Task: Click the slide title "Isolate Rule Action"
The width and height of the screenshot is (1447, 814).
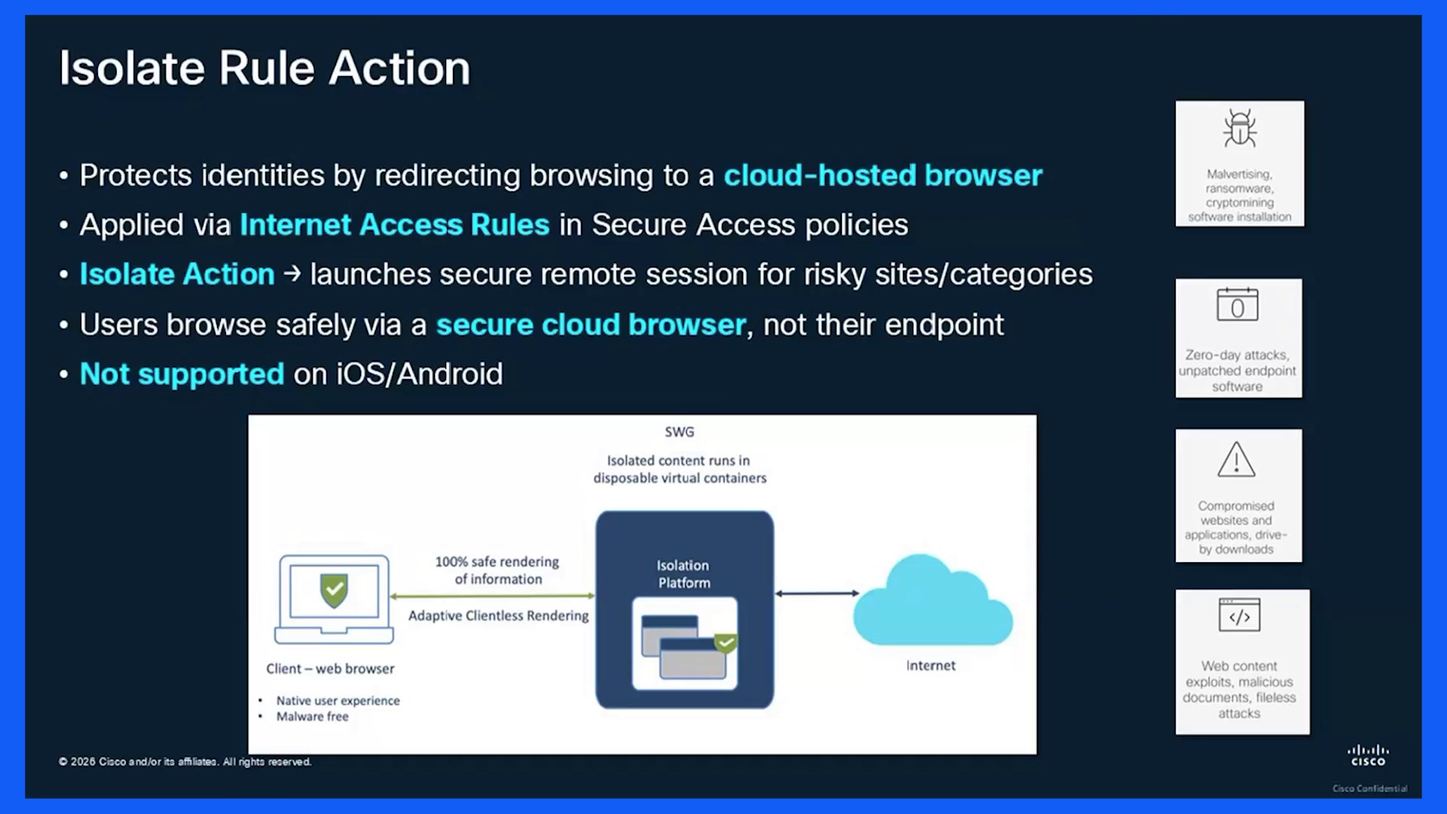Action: [x=265, y=68]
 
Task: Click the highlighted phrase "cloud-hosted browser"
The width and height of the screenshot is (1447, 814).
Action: [x=883, y=175]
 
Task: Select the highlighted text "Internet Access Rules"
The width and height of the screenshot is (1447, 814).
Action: [x=394, y=225]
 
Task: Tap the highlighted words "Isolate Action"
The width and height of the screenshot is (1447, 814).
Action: [x=177, y=274]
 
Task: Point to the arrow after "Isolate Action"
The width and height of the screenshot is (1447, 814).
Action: [x=292, y=274]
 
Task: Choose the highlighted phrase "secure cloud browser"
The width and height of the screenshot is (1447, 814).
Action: [x=591, y=325]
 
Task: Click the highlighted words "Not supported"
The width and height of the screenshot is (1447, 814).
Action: [x=182, y=374]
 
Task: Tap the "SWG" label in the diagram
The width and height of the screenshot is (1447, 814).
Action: [x=679, y=432]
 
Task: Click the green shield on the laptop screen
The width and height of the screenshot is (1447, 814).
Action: [x=334, y=590]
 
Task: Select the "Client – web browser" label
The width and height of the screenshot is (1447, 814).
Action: [x=330, y=669]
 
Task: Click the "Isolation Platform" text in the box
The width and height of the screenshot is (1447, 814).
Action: [x=683, y=574]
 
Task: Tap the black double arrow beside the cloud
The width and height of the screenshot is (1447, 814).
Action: [x=817, y=594]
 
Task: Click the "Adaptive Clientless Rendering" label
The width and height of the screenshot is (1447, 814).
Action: [x=498, y=616]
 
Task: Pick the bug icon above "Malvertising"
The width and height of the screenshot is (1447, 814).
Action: [x=1240, y=128]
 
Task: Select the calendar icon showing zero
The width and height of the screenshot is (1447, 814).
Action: [x=1237, y=304]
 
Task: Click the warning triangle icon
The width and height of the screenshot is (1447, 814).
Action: [x=1237, y=460]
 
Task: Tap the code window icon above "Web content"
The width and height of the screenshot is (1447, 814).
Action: [x=1240, y=615]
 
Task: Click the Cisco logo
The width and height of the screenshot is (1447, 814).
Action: [x=1368, y=755]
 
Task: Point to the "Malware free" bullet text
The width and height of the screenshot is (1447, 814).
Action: [x=312, y=717]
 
